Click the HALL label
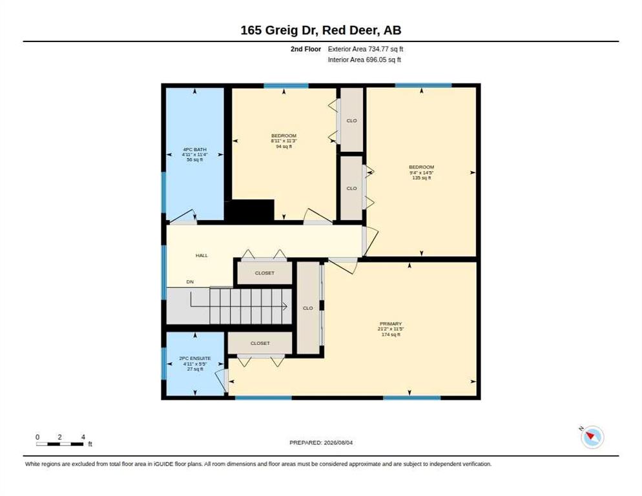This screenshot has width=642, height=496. [202, 255]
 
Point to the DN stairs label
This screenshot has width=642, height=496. [190, 282]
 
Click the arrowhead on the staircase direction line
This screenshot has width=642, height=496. [285, 306]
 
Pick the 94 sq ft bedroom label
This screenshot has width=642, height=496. [284, 141]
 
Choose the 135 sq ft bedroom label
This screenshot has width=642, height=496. [421, 172]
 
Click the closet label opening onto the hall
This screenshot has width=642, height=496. [265, 273]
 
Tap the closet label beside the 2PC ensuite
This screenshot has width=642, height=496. [260, 343]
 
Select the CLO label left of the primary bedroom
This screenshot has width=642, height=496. [308, 308]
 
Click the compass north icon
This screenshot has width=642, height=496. [592, 437]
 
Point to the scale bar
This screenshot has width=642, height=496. [60, 444]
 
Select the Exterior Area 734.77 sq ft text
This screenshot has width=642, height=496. [365, 49]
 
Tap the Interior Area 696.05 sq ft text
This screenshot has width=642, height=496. [364, 60]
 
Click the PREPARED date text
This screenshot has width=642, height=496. [321, 443]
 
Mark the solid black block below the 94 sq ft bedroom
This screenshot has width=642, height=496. [250, 211]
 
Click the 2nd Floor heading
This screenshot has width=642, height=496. [305, 49]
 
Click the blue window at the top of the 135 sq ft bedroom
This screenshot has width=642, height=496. [423, 85]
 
